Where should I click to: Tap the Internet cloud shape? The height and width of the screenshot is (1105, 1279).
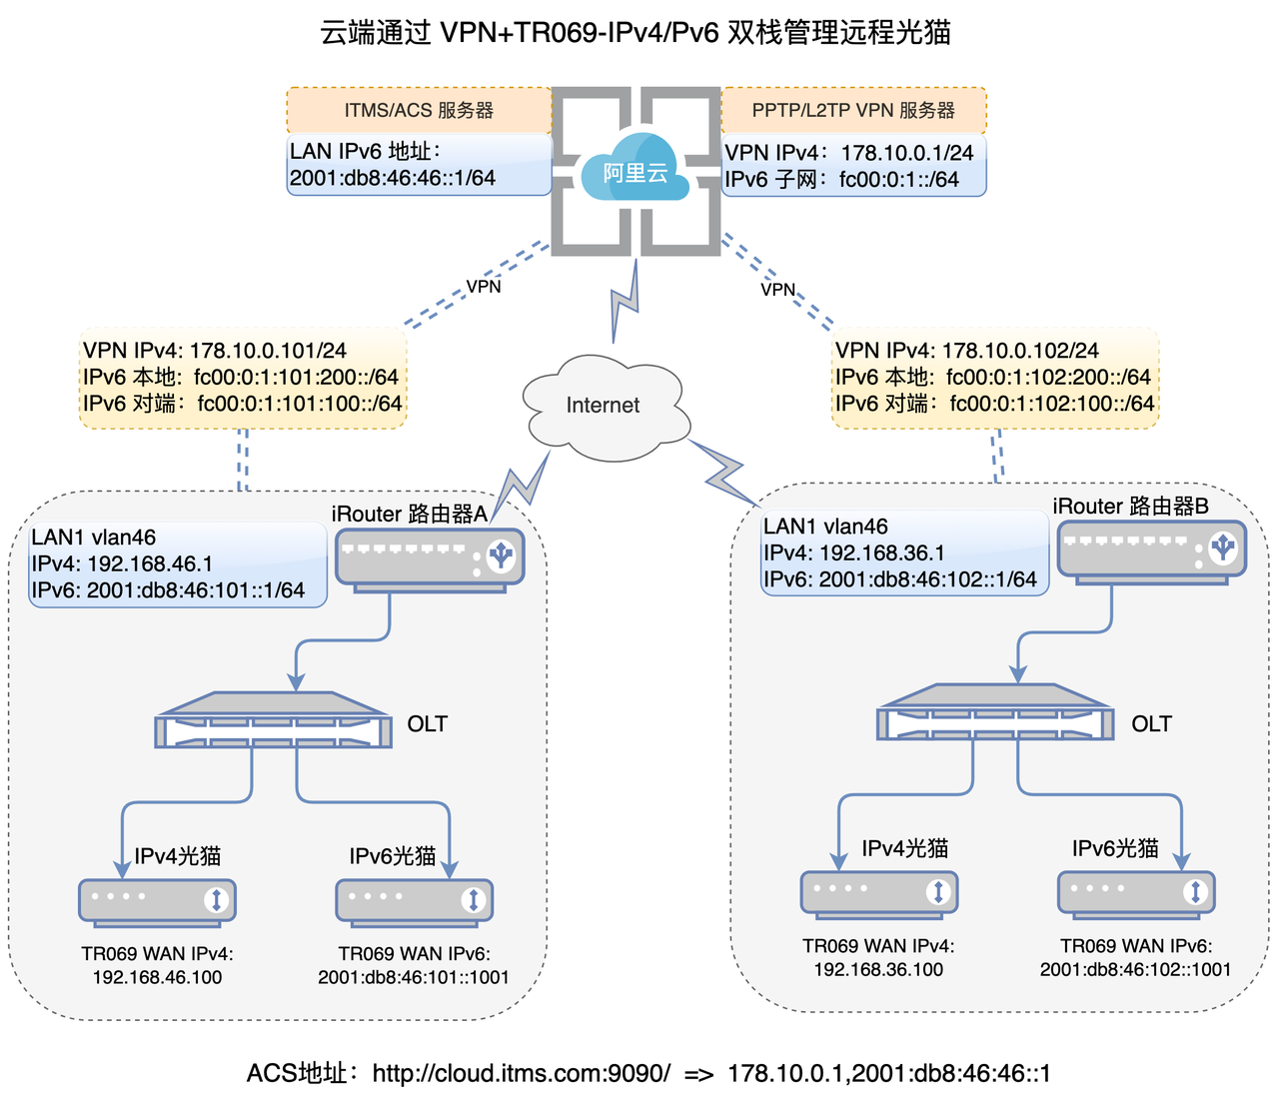(x=604, y=405)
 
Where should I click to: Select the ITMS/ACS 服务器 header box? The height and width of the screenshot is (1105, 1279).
(x=420, y=110)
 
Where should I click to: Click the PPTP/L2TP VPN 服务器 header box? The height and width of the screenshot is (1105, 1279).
(x=853, y=110)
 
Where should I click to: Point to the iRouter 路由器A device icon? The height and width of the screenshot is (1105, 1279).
(x=430, y=558)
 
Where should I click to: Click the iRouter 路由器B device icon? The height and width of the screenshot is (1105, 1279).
(x=1152, y=550)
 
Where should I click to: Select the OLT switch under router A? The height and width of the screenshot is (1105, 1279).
(x=273, y=720)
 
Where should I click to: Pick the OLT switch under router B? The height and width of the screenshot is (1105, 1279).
(x=995, y=712)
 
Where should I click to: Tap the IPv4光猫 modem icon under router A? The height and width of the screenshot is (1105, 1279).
(x=157, y=900)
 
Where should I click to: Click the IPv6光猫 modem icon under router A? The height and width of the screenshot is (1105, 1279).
(x=415, y=900)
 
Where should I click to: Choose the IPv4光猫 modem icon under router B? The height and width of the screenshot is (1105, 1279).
(x=879, y=892)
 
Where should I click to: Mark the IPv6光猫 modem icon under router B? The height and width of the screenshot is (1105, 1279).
(x=1136, y=892)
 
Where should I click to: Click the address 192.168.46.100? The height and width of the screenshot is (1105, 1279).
(x=157, y=977)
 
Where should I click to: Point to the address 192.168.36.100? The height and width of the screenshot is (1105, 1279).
(x=878, y=969)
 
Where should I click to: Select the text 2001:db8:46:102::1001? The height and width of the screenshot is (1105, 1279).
(x=1135, y=969)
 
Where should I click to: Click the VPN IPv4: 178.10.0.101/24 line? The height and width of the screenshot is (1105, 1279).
(x=215, y=351)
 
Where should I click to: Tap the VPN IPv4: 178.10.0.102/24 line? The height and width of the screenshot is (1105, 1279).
(x=967, y=351)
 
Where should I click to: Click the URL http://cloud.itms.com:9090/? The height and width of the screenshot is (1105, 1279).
(x=521, y=1074)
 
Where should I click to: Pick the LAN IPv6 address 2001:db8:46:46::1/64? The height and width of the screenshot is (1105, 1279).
(x=393, y=179)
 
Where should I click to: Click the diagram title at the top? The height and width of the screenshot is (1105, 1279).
(x=636, y=33)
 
